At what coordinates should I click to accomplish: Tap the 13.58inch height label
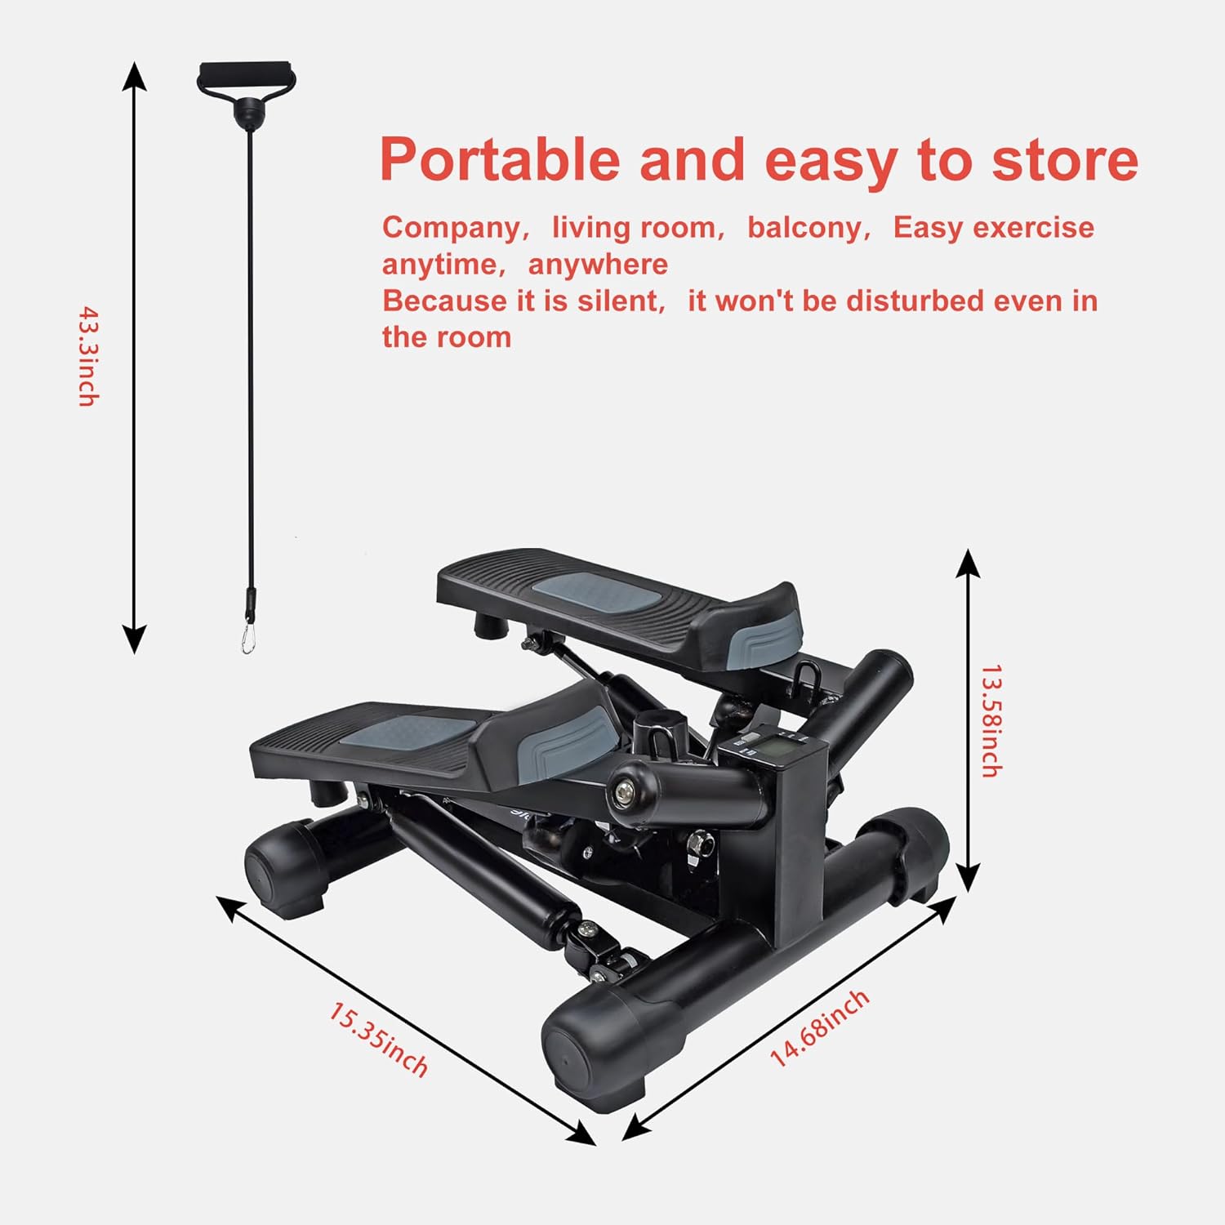coord(991,720)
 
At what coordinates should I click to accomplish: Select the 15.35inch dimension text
coord(378,1040)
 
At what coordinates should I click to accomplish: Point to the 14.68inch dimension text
coord(819,1027)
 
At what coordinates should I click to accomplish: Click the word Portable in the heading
coord(500,160)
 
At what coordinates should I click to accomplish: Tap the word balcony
coord(804,227)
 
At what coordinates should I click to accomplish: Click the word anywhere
coord(598,265)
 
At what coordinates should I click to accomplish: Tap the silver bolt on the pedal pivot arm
coord(625,791)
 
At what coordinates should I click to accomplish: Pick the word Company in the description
coord(451,227)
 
